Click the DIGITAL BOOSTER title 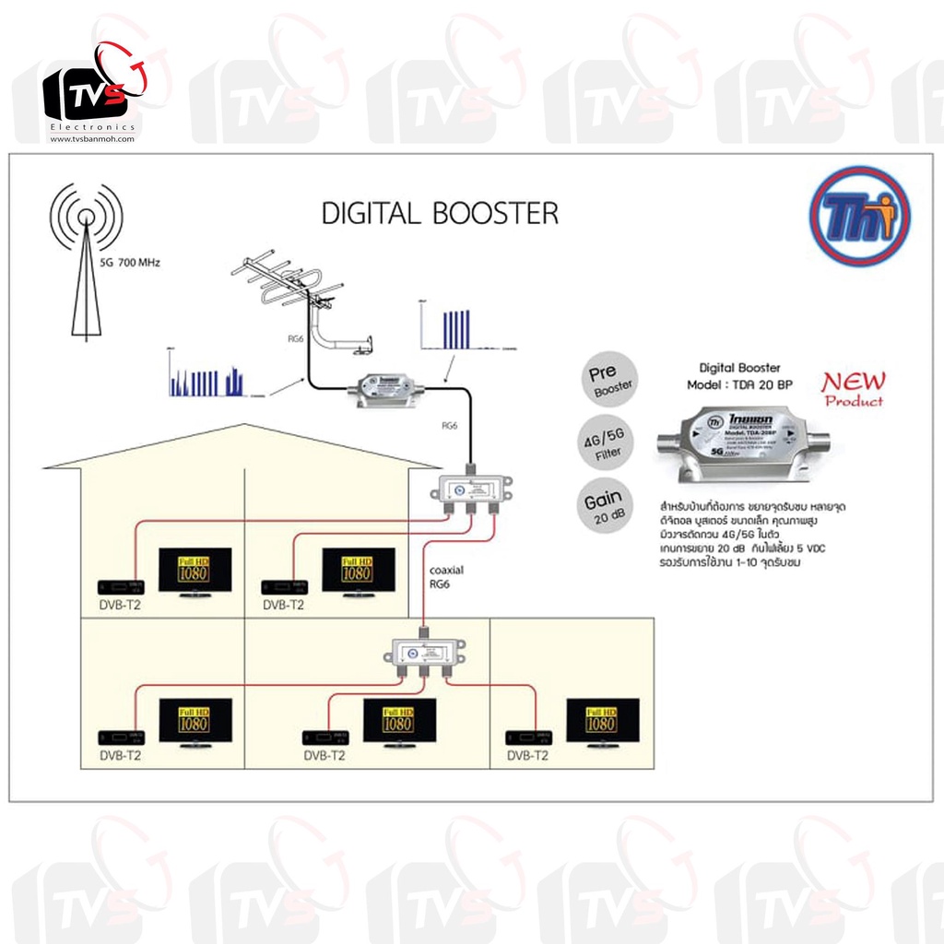440,213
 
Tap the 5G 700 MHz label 129,263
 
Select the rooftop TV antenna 293,289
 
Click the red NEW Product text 853,388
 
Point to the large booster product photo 743,443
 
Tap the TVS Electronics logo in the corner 92,93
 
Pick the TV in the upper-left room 195,572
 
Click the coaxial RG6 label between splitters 446,576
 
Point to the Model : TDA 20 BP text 738,384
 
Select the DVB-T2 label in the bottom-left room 121,755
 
